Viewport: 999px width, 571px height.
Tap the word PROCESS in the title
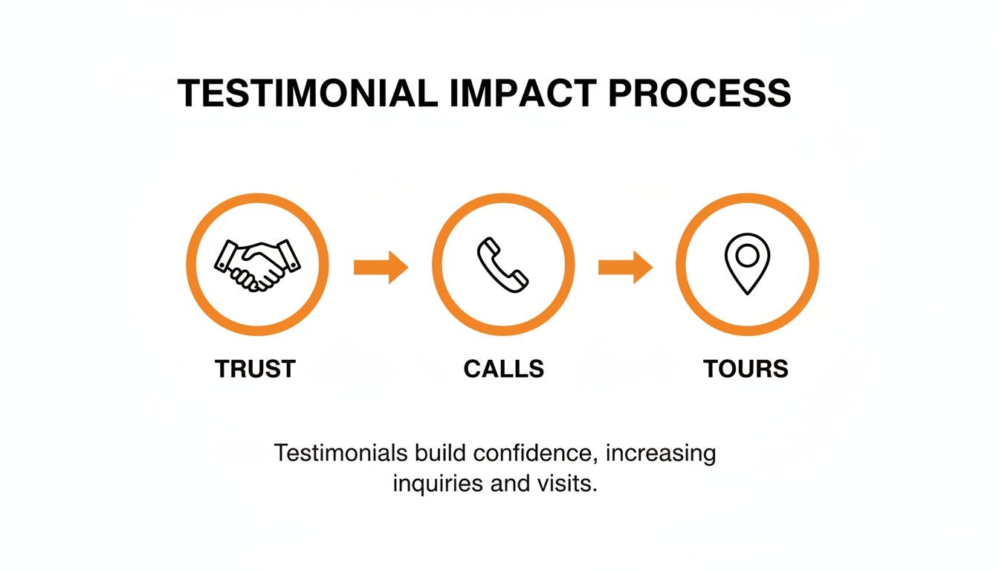(x=699, y=94)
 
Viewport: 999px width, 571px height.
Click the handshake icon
(x=257, y=265)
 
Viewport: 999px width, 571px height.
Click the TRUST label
(x=255, y=369)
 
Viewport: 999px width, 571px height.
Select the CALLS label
(x=503, y=369)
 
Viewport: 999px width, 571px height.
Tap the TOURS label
(x=746, y=369)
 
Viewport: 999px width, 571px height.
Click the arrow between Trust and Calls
(x=381, y=267)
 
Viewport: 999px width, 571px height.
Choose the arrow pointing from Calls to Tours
(x=625, y=267)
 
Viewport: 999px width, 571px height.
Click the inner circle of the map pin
(x=747, y=256)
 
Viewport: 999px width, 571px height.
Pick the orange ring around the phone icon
(x=503, y=201)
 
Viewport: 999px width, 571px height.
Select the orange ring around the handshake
(x=257, y=201)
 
